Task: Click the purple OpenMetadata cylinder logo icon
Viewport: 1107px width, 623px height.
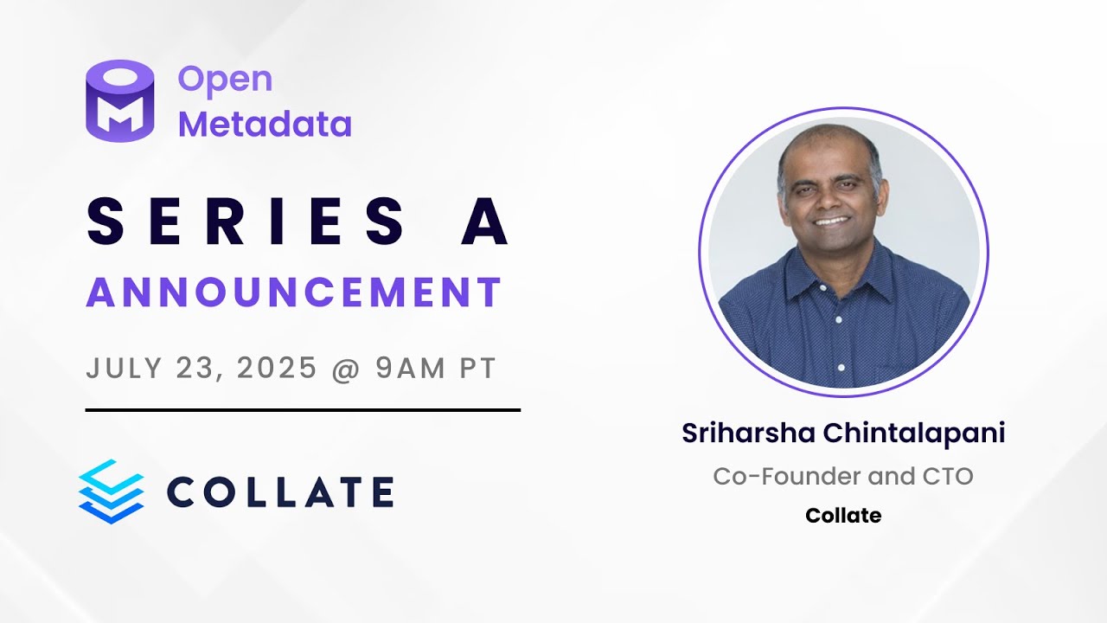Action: click(x=119, y=100)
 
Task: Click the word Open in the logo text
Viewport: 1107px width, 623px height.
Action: click(x=225, y=80)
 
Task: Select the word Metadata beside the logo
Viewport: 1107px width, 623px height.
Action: click(x=265, y=125)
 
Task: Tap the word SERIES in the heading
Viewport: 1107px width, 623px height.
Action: click(x=246, y=221)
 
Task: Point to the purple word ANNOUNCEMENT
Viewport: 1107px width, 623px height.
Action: click(x=294, y=292)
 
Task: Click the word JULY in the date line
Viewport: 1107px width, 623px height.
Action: click(x=118, y=369)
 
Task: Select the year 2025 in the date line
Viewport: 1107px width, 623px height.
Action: click(x=277, y=369)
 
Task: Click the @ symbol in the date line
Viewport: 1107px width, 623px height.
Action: click(x=346, y=369)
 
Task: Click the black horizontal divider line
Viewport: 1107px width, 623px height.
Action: click(x=303, y=410)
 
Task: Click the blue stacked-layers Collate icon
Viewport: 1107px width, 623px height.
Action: click(x=111, y=491)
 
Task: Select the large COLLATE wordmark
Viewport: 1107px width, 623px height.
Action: click(x=279, y=491)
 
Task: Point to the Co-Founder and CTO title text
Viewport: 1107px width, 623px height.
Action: click(x=843, y=476)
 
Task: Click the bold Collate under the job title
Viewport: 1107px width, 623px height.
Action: click(x=843, y=516)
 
